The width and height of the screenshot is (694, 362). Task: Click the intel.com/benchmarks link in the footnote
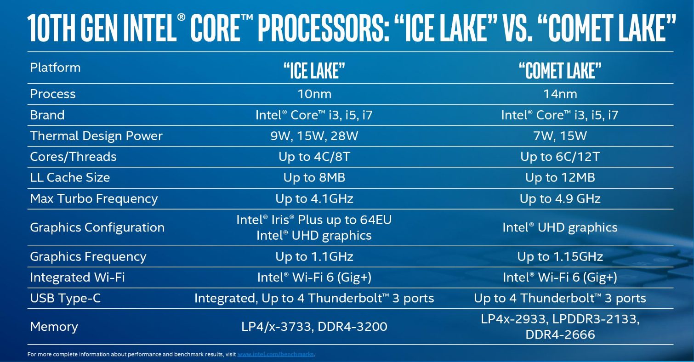point(276,354)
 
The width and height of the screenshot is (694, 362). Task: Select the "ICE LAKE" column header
point(314,71)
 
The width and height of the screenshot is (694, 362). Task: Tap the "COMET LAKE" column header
point(560,71)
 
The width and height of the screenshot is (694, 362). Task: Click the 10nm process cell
point(314,94)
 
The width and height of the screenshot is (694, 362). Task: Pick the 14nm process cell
point(560,94)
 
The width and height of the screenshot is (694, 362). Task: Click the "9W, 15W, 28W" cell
point(314,136)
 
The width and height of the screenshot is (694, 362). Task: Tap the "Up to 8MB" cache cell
point(314,178)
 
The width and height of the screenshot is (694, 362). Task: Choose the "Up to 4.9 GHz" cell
point(560,199)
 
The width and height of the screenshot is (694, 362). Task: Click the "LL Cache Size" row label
point(70,177)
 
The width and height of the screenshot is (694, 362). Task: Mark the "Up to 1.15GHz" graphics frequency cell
point(560,257)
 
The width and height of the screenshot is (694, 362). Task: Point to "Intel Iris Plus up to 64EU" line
point(314,220)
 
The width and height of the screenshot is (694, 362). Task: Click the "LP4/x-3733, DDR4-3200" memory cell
point(314,327)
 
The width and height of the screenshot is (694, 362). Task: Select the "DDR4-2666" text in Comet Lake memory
point(560,335)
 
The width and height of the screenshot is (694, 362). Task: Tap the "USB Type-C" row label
point(65,299)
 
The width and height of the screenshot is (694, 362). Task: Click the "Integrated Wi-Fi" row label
point(77,277)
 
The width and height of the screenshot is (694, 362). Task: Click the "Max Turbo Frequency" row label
point(94,199)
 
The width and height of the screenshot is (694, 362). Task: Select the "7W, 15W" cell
point(560,136)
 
